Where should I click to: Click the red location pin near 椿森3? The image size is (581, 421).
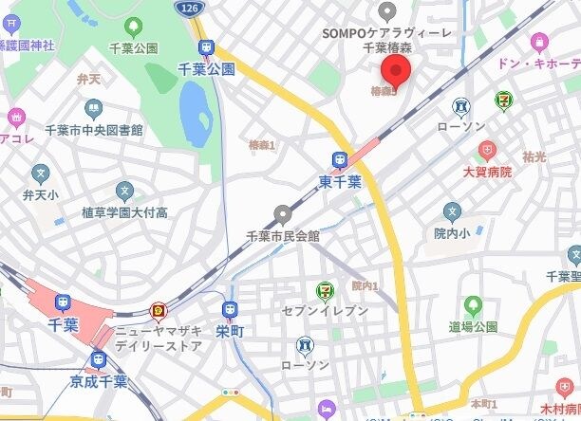click(x=395, y=70)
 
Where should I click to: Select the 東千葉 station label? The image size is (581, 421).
click(x=339, y=181)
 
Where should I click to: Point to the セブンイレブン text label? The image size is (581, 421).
click(x=325, y=311)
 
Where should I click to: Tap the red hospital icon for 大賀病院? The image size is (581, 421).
click(x=486, y=150)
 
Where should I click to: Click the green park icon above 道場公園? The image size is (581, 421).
click(x=473, y=305)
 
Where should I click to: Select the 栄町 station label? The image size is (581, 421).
click(x=229, y=333)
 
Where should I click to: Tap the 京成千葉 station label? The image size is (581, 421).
click(x=100, y=381)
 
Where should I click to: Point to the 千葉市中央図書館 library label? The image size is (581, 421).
click(x=94, y=130)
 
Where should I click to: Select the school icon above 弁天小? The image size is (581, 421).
click(x=40, y=174)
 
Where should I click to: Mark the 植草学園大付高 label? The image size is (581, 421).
click(x=125, y=212)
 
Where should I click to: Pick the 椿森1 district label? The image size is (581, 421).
click(x=261, y=145)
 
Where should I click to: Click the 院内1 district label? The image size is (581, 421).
click(x=365, y=285)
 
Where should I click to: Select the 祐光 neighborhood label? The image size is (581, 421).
click(x=534, y=155)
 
